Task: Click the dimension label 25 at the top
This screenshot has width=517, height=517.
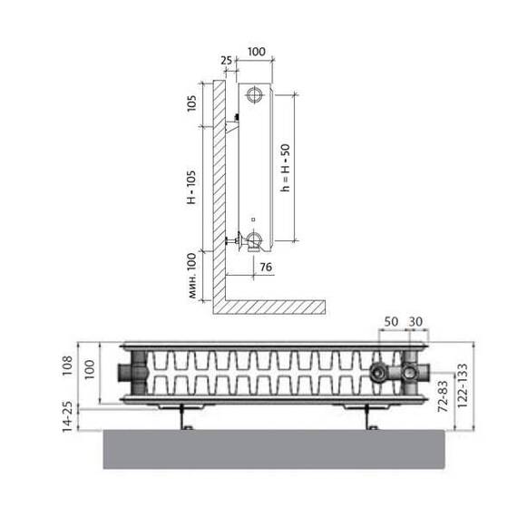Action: [226, 61]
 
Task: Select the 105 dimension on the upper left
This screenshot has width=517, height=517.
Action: [191, 103]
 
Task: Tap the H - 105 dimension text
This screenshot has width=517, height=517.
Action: [191, 187]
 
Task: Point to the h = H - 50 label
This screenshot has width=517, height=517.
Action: [285, 168]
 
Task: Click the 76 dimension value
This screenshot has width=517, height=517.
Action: [266, 267]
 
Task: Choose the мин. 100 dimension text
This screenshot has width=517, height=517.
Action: [192, 276]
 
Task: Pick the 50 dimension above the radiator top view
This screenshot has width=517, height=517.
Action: [391, 321]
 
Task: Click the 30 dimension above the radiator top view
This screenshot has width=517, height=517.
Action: [415, 321]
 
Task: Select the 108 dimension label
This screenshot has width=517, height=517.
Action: [67, 366]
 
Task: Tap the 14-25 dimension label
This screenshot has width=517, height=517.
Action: [67, 416]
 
